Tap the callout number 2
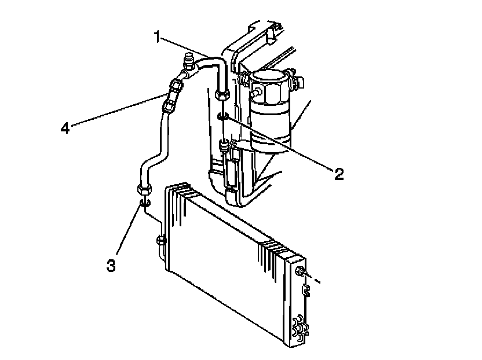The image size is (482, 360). pos(338,172)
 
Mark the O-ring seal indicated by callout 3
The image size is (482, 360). pos(145,203)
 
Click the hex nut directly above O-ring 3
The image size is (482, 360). pos(145,189)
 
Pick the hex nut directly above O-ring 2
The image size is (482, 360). pos(222,94)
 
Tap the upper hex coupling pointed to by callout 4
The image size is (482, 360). pos(176,87)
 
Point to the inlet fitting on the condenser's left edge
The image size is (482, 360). pos(160,240)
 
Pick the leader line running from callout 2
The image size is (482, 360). pos(278,144)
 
